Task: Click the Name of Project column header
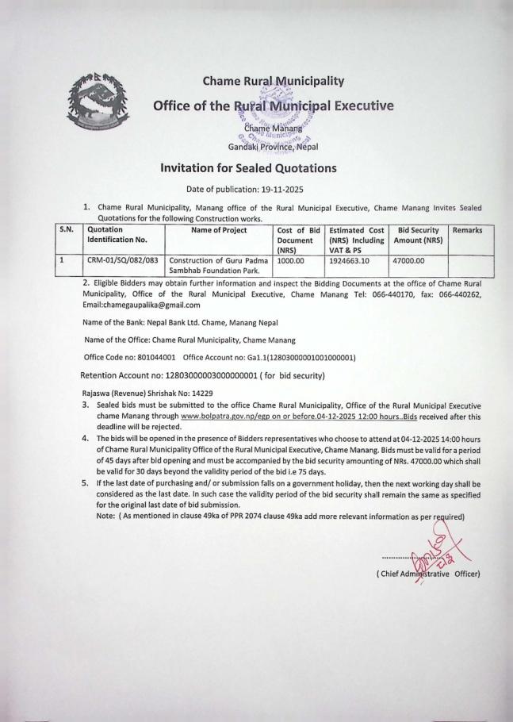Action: coord(218,230)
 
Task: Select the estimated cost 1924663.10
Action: coord(352,259)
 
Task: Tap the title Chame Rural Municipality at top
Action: coord(262,81)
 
